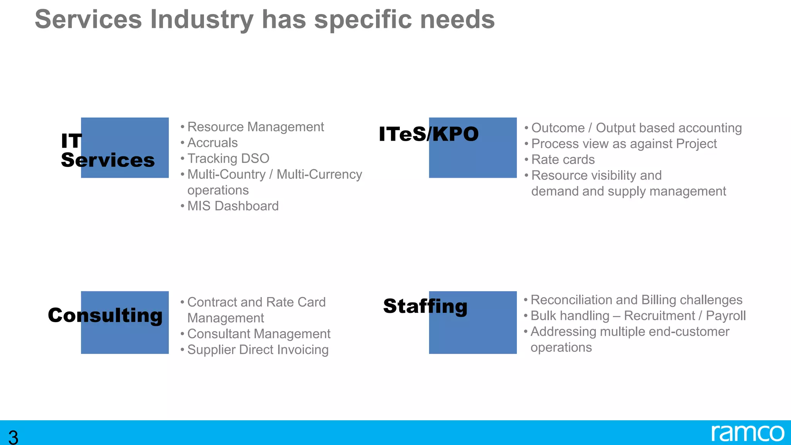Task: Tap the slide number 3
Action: pyautogui.click(x=13, y=437)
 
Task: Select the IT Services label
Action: pyautogui.click(x=107, y=150)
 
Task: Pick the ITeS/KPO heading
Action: pyautogui.click(x=428, y=134)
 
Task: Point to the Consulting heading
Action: pyautogui.click(x=105, y=315)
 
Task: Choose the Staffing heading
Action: pyautogui.click(x=425, y=306)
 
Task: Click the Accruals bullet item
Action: pyautogui.click(x=212, y=143)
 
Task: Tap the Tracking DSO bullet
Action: pyautogui.click(x=228, y=159)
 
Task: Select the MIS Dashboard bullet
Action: pyautogui.click(x=233, y=206)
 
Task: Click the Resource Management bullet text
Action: pyautogui.click(x=255, y=127)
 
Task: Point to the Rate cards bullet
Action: pyautogui.click(x=563, y=160)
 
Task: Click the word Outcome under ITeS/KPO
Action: pyautogui.click(x=558, y=128)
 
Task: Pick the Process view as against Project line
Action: pyautogui.click(x=624, y=144)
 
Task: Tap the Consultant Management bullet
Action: pyautogui.click(x=258, y=334)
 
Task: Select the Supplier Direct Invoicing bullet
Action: pyautogui.click(x=258, y=350)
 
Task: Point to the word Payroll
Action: pyautogui.click(x=725, y=316)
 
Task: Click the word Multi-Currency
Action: pyautogui.click(x=319, y=175)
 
